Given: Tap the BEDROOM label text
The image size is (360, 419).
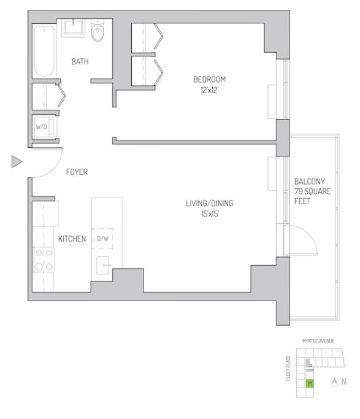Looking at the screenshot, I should pos(210,79).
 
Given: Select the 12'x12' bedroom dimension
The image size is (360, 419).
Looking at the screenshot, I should pos(210,90).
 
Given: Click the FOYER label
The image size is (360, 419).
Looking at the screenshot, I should pos(77,172).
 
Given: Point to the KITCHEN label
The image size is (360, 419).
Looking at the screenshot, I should pos(72,239).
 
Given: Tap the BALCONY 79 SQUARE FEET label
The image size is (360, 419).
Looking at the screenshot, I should pos(313,191).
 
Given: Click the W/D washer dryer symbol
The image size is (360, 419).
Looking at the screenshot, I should pos(42,127).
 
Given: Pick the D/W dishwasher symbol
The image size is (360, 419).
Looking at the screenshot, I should pos(103,239).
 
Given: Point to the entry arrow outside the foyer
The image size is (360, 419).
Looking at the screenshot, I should pos(17,162).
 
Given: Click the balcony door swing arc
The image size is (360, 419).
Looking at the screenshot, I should pos(307,242).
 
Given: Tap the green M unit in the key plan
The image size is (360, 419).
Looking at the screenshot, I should pos(310,384).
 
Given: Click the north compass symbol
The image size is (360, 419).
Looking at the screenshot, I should pos(335,382).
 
